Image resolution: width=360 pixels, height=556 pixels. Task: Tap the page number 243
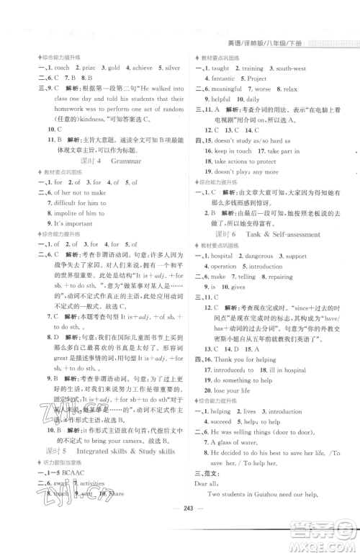coord(179,534)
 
